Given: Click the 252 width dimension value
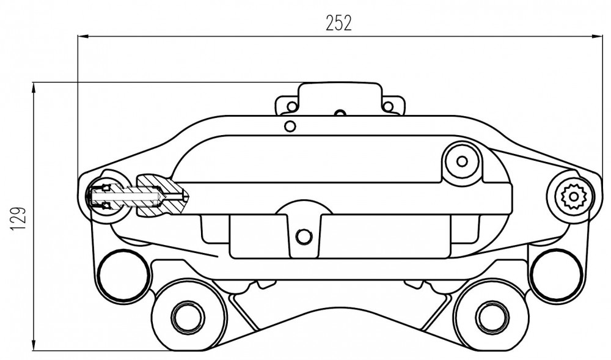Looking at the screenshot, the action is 338,23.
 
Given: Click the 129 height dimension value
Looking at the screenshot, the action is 18,219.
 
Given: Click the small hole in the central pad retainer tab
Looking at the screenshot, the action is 304,236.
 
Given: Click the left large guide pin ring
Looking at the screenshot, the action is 124,276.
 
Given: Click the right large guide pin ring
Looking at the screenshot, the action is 556,276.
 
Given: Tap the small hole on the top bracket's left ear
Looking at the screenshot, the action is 291,106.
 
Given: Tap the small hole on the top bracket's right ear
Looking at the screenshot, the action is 388,106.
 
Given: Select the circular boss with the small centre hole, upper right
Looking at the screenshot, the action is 462,161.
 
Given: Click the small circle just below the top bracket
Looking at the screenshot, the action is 290,126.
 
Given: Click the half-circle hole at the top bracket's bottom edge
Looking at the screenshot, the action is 340,113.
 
